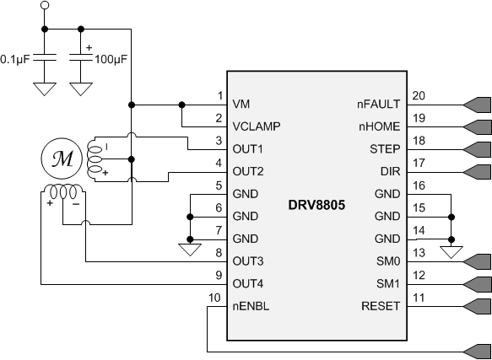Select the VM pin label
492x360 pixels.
pos(241,105)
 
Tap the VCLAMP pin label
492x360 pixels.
pos(256,126)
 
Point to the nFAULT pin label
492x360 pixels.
pos(382,105)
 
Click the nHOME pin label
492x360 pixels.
pos(384,126)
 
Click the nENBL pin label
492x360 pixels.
pos(250,306)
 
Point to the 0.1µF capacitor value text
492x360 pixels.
pos(18,60)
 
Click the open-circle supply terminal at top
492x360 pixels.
pos(45,7)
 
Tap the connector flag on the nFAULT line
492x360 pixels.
pos(477,105)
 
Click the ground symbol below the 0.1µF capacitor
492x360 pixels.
pos(45,88)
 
